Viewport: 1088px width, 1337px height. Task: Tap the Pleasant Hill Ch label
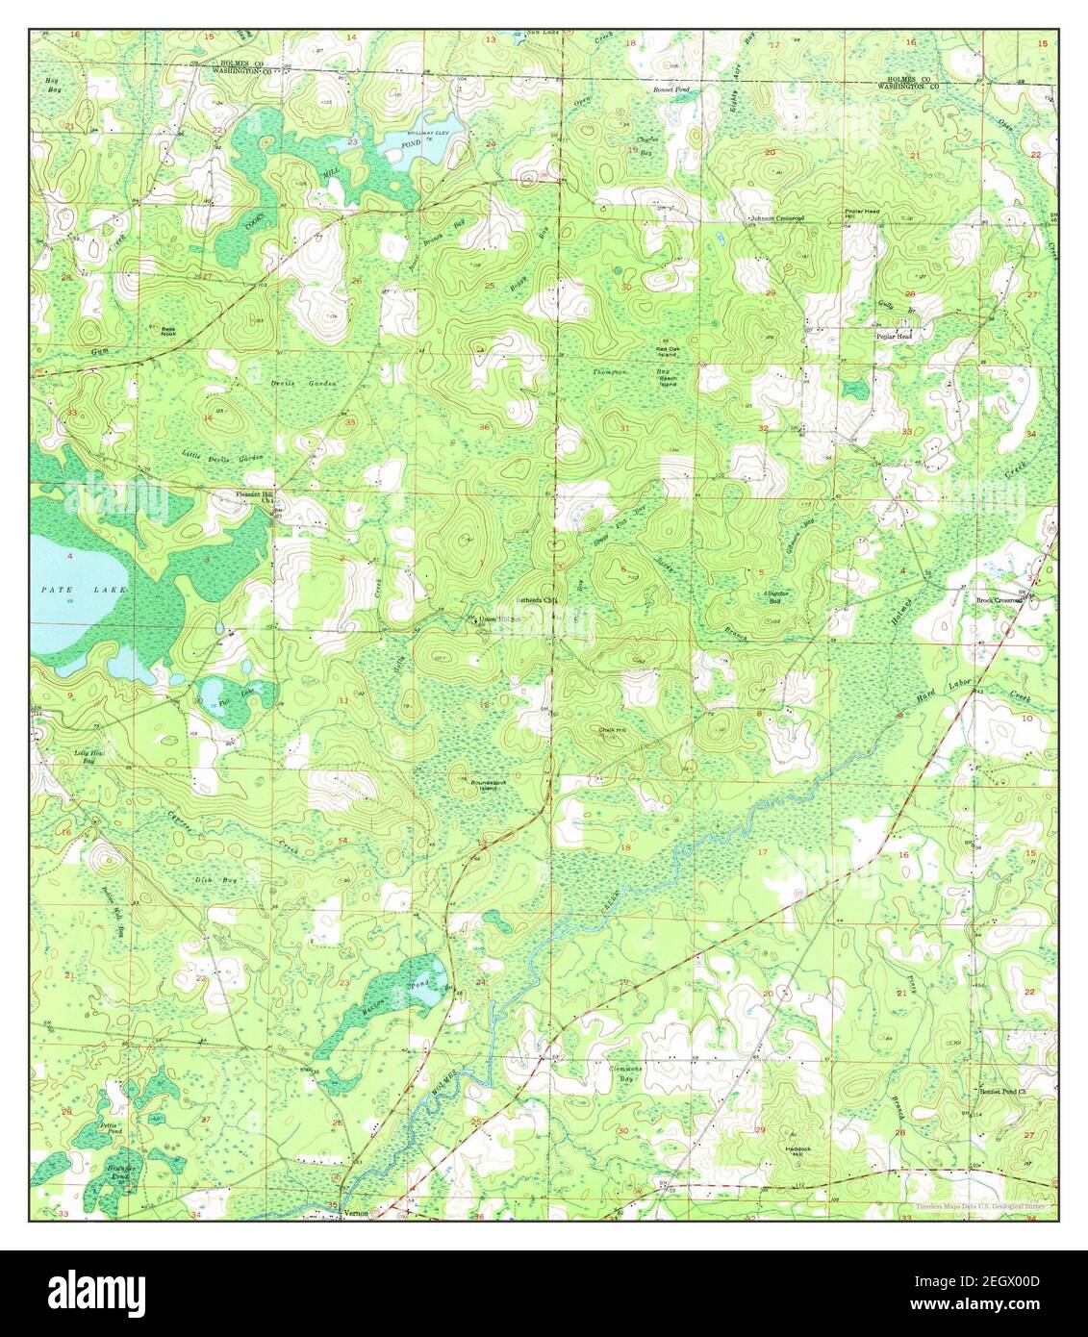256,497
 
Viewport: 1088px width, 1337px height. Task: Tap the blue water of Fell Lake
214,692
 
